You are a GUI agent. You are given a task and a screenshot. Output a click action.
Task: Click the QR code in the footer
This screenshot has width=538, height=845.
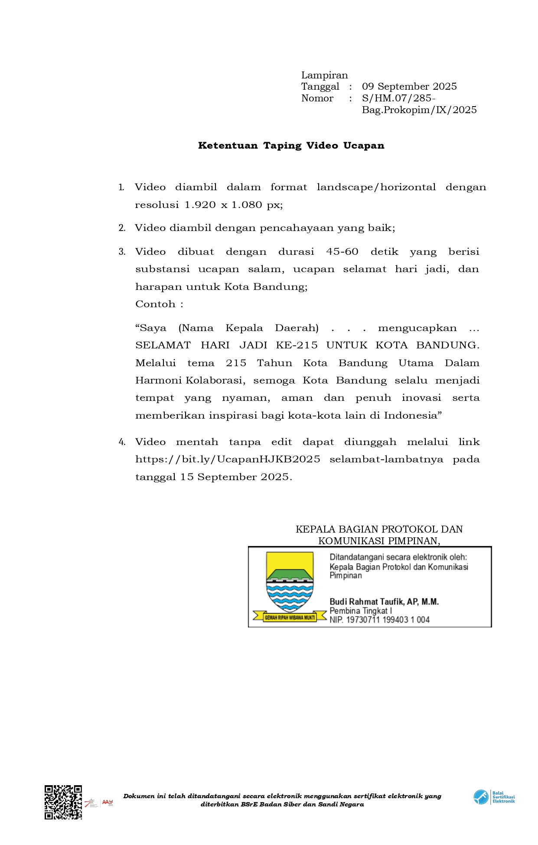63,802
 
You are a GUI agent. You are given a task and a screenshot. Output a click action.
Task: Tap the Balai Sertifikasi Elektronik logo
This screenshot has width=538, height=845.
494,797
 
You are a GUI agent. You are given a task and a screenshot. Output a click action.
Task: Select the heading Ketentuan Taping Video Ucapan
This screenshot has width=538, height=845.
291,146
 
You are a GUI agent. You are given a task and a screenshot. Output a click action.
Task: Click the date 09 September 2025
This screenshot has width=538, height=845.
409,87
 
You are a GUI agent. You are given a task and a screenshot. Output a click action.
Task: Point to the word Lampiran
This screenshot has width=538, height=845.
324,75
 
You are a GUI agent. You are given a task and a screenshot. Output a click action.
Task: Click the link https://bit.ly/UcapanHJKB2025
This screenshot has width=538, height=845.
228,459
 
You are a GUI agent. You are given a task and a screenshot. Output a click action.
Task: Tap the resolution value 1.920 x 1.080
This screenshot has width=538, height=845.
223,205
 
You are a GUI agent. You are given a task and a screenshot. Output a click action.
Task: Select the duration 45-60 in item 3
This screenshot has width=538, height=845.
342,252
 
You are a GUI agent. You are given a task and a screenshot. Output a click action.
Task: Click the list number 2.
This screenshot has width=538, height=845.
122,228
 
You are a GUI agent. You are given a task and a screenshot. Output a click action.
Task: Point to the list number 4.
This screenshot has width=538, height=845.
122,442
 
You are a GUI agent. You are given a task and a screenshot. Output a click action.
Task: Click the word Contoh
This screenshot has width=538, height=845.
155,304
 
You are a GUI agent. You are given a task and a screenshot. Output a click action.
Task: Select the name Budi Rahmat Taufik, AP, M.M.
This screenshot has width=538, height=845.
384,601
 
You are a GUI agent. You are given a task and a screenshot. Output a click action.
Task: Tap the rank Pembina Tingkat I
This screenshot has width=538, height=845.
361,611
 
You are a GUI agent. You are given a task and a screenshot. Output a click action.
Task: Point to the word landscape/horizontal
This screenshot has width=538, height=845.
376,187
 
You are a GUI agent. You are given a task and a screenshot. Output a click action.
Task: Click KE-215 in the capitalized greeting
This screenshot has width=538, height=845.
297,345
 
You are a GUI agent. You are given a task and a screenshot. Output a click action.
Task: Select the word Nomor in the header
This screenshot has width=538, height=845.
317,98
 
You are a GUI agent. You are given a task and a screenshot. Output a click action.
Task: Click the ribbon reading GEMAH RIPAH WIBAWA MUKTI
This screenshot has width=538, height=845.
290,617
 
